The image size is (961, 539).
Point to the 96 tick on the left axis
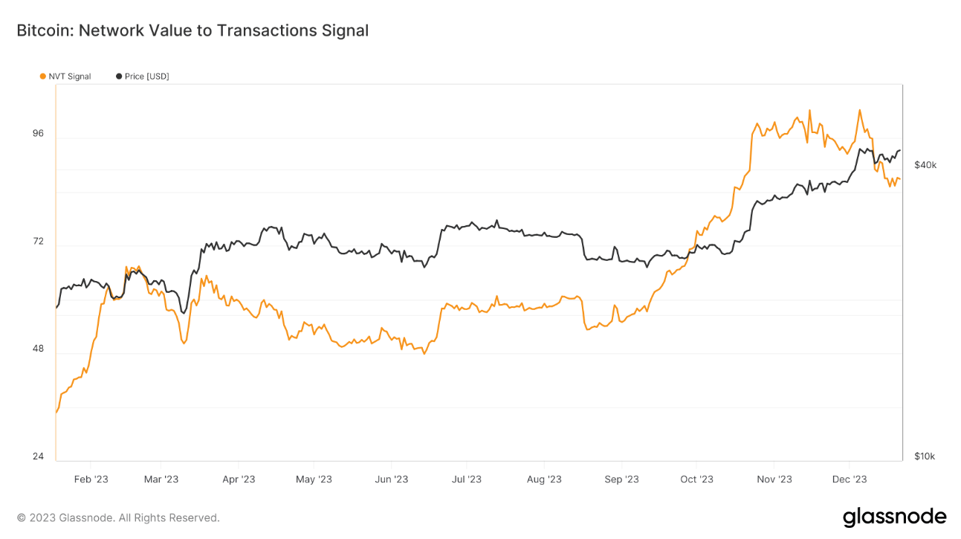click(38, 134)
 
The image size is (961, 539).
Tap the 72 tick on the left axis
click(38, 242)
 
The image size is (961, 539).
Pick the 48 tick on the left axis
click(38, 349)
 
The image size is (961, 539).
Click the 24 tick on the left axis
click(38, 456)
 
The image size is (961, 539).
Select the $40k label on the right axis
click(925, 165)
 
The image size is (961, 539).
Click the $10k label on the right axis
click(925, 456)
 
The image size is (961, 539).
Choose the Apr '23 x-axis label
click(239, 480)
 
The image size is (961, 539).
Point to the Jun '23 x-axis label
click(392, 480)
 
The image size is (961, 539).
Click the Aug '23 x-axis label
click(544, 480)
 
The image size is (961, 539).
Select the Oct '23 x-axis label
click(697, 480)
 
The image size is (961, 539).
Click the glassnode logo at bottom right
click(894, 517)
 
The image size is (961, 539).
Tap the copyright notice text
click(118, 517)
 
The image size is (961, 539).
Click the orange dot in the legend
click(42, 77)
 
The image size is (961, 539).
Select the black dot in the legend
click(119, 77)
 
